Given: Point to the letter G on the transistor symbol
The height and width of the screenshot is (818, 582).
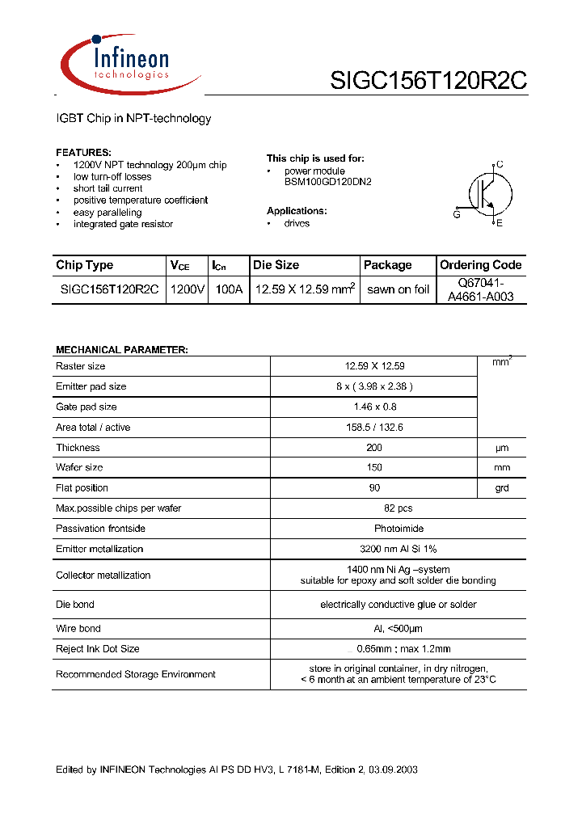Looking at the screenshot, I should tap(457, 214).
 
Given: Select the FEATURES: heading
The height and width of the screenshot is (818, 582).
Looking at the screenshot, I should tap(83, 153).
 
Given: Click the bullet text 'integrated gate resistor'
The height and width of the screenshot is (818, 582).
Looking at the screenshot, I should tap(123, 224).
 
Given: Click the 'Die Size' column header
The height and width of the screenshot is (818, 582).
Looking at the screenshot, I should tap(276, 265).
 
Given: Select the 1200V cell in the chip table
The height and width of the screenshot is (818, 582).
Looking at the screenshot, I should tap(187, 289).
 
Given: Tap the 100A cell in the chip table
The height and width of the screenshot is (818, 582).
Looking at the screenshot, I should tap(228, 289).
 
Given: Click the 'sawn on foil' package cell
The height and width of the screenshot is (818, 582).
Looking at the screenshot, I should tap(398, 289).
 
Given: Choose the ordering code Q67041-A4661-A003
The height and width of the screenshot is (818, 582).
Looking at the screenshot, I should tap(481, 289).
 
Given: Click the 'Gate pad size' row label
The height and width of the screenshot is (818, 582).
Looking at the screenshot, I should tap(86, 407).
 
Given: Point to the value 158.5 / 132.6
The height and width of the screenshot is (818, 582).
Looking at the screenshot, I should tap(373, 427).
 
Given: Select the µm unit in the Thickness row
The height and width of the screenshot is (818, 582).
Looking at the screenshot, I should tap(501, 448).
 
